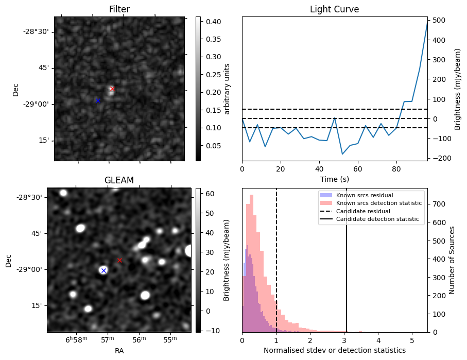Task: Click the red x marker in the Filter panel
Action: (112, 89)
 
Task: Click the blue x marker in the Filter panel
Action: (98, 100)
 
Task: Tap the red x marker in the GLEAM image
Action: (119, 261)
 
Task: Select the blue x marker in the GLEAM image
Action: (103, 270)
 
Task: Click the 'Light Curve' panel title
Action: (334, 10)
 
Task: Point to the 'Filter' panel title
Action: (119, 10)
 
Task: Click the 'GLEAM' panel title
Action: (119, 180)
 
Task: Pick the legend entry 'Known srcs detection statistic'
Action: (378, 203)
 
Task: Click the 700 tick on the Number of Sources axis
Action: (438, 204)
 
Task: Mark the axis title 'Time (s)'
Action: (334, 178)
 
